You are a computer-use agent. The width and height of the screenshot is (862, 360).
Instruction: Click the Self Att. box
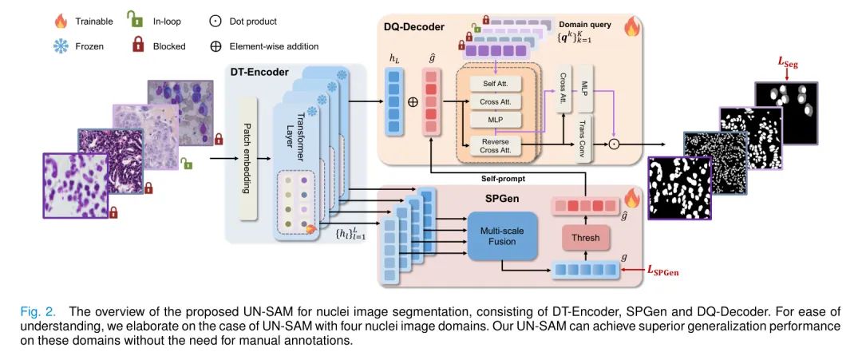494,84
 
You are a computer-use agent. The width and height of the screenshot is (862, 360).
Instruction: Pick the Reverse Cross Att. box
494,146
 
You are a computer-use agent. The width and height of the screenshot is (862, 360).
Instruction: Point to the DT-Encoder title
259,72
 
